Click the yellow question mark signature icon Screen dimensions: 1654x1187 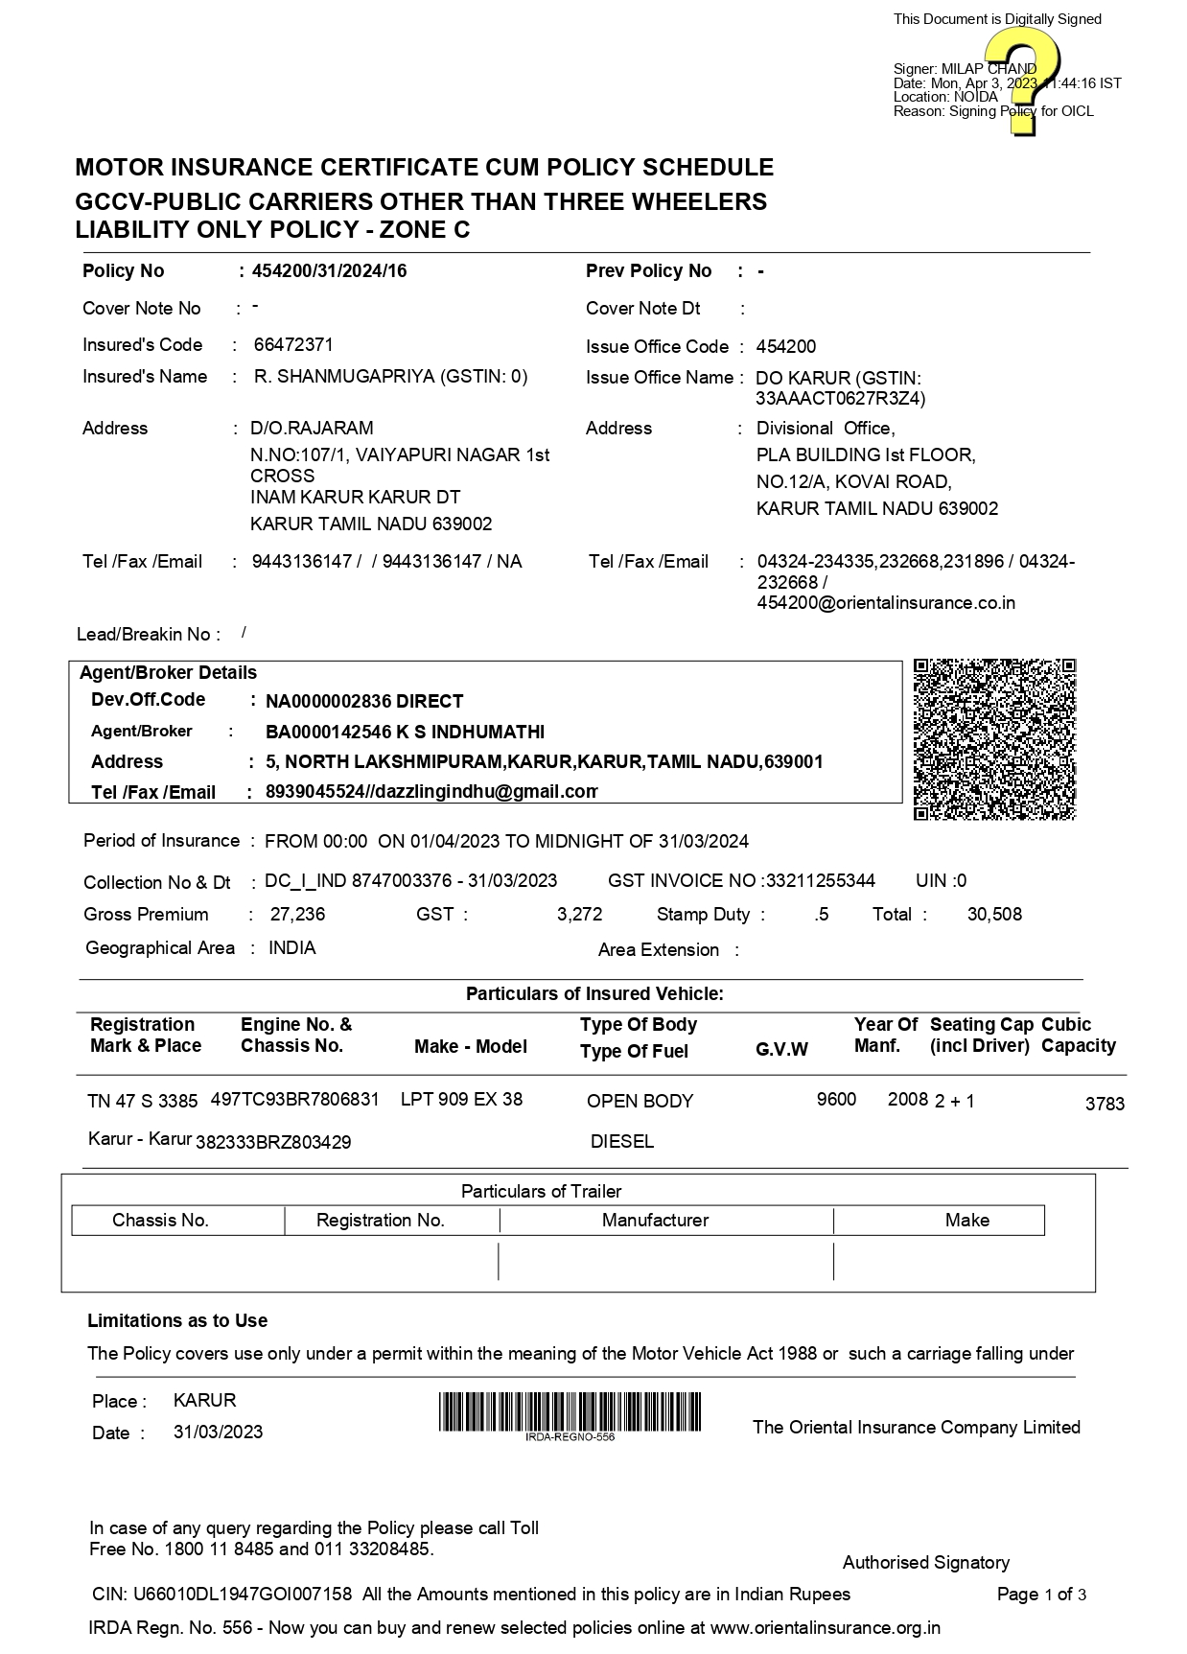click(x=1022, y=81)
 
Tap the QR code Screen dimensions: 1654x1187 click(x=994, y=739)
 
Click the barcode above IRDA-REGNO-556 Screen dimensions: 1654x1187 click(x=570, y=1411)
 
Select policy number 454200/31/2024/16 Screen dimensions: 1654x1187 click(x=329, y=271)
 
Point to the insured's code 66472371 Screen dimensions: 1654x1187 click(x=293, y=345)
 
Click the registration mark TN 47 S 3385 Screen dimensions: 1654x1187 click(x=142, y=1101)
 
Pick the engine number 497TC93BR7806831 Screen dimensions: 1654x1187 click(x=294, y=1099)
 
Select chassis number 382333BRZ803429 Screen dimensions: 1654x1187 click(x=273, y=1142)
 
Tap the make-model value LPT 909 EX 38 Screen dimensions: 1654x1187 click(x=461, y=1099)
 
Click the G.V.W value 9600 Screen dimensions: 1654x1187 click(x=836, y=1099)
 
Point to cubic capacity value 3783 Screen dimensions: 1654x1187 click(x=1105, y=1104)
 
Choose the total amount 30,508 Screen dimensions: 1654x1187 click(x=994, y=915)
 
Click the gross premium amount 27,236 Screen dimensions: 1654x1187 click(x=297, y=915)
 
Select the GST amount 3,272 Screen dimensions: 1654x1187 click(x=579, y=915)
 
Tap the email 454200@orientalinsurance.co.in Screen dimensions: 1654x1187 click(x=886, y=603)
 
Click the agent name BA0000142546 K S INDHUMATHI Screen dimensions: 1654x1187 click(x=405, y=733)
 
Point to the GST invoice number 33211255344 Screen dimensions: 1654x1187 click(x=818, y=881)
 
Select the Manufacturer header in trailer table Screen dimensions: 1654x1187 click(x=655, y=1221)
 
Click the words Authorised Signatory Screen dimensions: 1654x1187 click(x=925, y=1563)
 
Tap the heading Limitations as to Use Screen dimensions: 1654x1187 click(x=177, y=1321)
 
